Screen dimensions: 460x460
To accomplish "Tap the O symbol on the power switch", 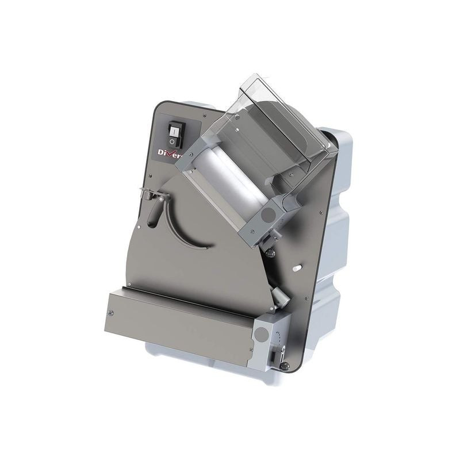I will (172, 140).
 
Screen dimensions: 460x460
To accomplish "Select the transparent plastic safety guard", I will (270, 115).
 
